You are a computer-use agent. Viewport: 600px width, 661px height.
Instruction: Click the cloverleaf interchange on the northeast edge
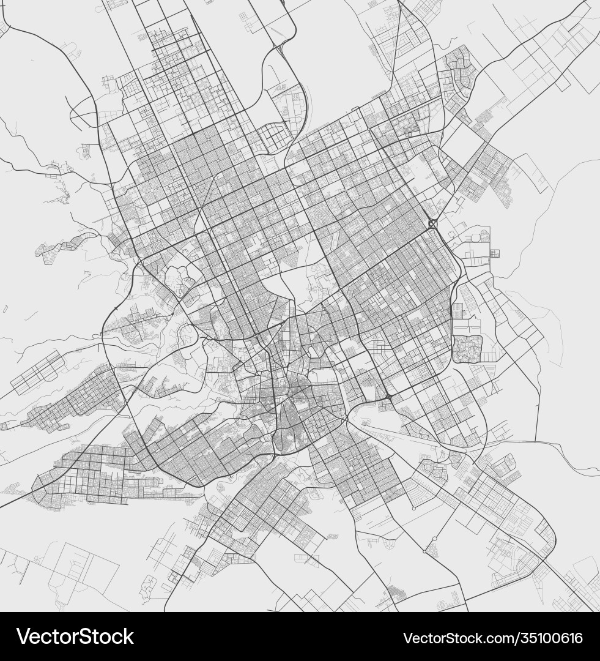pyautogui.click(x=433, y=224)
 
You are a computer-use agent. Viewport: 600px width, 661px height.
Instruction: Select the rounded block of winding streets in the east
pyautogui.click(x=467, y=349)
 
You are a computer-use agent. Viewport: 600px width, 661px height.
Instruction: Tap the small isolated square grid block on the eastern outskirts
pyautogui.click(x=494, y=253)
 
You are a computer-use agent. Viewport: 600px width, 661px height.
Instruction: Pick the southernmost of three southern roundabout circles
pyautogui.click(x=424, y=551)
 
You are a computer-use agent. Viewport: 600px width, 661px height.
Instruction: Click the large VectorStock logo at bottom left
pyautogui.click(x=75, y=637)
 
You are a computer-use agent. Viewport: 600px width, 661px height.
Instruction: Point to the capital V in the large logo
pyautogui.click(x=24, y=637)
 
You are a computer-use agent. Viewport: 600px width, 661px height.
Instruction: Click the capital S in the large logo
pyautogui.click(x=81, y=637)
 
